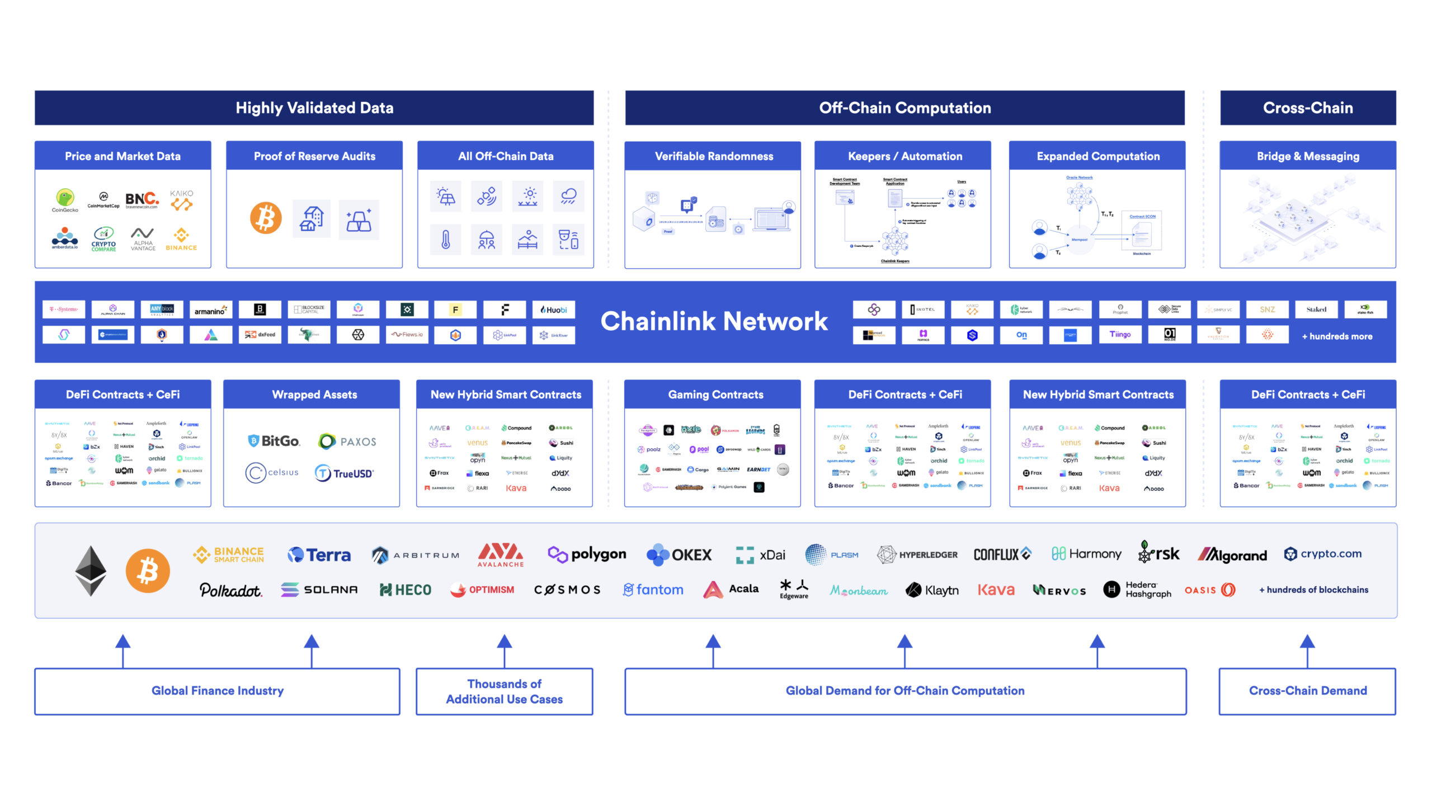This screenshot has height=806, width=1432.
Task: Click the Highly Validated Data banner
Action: pyautogui.click(x=314, y=108)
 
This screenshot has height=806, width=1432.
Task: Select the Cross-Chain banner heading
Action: pyautogui.click(x=1307, y=108)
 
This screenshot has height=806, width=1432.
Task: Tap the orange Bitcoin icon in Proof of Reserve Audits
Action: pyautogui.click(x=266, y=218)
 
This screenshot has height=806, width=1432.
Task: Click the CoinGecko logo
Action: pyautogui.click(x=65, y=200)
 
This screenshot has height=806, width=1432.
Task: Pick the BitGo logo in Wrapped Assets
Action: pyautogui.click(x=274, y=441)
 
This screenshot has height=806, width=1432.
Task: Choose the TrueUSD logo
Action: pyautogui.click(x=345, y=474)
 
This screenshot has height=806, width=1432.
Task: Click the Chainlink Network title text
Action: pyautogui.click(x=714, y=321)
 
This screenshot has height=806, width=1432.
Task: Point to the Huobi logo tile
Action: pyautogui.click(x=554, y=310)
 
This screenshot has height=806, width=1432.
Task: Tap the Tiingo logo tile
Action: pyautogui.click(x=1120, y=335)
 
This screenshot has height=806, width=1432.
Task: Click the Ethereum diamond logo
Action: pyautogui.click(x=91, y=570)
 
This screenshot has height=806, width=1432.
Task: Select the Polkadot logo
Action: pyautogui.click(x=230, y=590)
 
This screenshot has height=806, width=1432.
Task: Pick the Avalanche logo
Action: pyautogui.click(x=501, y=554)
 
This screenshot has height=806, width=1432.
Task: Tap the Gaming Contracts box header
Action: pyautogui.click(x=715, y=395)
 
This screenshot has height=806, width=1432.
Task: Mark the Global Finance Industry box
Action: pyautogui.click(x=217, y=691)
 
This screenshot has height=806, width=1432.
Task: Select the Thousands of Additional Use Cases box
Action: pyautogui.click(x=504, y=691)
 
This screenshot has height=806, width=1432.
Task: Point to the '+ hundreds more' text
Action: pyautogui.click(x=1337, y=336)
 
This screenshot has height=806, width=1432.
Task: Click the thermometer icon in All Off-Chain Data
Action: pyautogui.click(x=446, y=240)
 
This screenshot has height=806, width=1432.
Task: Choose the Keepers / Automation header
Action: pyautogui.click(x=905, y=156)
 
